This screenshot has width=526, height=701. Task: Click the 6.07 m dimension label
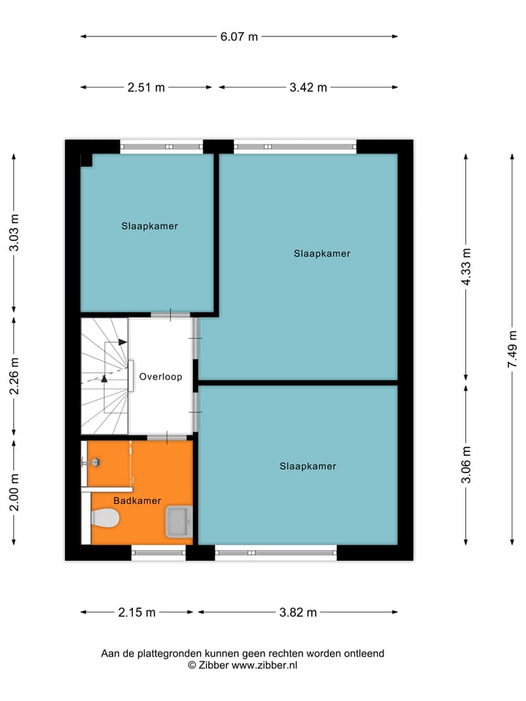[x=238, y=37]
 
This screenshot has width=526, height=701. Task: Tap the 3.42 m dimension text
[x=308, y=88]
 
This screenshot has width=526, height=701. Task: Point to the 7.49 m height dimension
[x=513, y=350]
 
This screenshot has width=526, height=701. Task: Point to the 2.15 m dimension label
[x=137, y=613]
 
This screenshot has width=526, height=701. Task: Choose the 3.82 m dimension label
[x=297, y=613]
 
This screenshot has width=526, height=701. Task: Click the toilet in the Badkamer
[x=105, y=518]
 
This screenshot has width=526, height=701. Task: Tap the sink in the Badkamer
[x=178, y=522]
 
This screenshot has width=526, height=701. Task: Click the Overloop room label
[x=161, y=377]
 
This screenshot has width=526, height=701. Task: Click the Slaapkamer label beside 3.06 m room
[x=308, y=466]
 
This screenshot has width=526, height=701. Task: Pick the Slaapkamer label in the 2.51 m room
[x=150, y=226]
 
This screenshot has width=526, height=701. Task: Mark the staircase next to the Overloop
[x=104, y=376]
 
